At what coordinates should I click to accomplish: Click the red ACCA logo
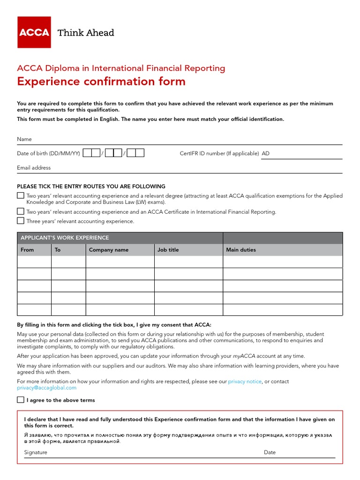coord(34,32)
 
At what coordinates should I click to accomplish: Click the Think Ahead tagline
coord(85,32)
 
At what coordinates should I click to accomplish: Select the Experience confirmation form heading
coord(101,81)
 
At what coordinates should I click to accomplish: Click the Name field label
coord(24,139)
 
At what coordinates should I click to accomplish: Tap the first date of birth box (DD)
coord(91,153)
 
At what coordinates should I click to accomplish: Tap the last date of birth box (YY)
coord(135,153)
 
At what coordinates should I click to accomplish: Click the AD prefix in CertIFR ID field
coord(266,153)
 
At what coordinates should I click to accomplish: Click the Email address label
coord(34,168)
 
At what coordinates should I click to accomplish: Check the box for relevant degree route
coord(21,195)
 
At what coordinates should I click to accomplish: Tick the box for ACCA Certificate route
coord(21,211)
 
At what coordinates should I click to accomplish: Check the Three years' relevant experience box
coord(21,221)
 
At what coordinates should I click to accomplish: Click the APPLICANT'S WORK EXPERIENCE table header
coord(65,238)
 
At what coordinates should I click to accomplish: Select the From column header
coord(27,250)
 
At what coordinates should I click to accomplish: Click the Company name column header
coord(109,250)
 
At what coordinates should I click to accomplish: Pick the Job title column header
coord(168,250)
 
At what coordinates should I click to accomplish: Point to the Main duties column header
coord(241,250)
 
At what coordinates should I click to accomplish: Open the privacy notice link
coord(245,382)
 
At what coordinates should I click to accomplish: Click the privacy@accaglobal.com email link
coord(46,388)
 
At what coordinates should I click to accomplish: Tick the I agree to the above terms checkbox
coord(21,400)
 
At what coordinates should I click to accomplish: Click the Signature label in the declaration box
coord(36,452)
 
